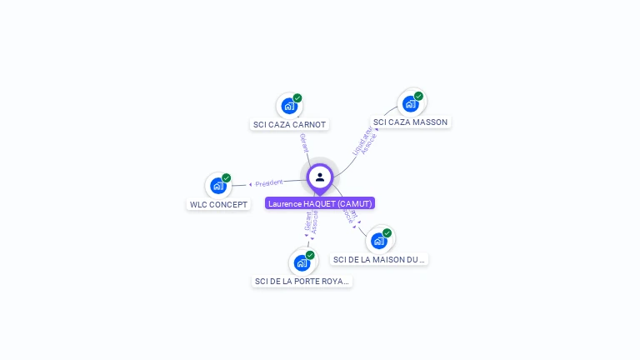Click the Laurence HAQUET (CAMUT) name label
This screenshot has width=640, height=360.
pos(320,203)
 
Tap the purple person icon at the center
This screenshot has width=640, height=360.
pos(320,177)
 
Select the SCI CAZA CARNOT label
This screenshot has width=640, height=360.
pos(289,125)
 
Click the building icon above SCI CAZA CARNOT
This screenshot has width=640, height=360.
pos(288,106)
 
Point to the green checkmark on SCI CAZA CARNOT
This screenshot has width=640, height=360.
pos(297,98)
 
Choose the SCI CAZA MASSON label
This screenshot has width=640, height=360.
pos(410,122)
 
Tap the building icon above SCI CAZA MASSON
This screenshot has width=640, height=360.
pos(410,103)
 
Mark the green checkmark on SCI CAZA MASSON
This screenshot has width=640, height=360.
pos(418,96)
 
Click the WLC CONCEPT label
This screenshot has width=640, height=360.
pos(218,204)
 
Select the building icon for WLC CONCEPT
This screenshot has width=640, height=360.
pos(217,186)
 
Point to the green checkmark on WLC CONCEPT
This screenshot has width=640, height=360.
pos(226,177)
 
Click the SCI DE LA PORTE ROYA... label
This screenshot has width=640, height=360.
pos(302,281)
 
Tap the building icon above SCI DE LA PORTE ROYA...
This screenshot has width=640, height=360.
pos(302,262)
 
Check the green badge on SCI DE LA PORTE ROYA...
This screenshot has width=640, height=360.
pos(310,255)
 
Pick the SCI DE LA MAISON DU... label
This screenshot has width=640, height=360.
pos(379,259)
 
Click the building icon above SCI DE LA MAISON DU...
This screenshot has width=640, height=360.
pos(378,241)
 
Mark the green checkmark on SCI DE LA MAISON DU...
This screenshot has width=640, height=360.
pos(387,233)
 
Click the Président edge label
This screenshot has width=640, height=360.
pos(268,182)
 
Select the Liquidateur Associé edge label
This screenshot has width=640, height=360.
pos(366,140)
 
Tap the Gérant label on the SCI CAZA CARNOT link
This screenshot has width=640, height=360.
pos(303,143)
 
